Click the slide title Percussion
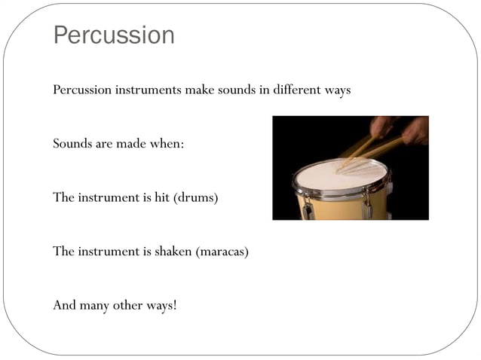(x=114, y=35)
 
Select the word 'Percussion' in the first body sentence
(x=82, y=90)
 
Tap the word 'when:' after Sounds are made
(x=167, y=143)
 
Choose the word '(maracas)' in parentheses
(x=222, y=251)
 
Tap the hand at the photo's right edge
(x=416, y=130)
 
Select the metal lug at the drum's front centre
(x=367, y=207)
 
